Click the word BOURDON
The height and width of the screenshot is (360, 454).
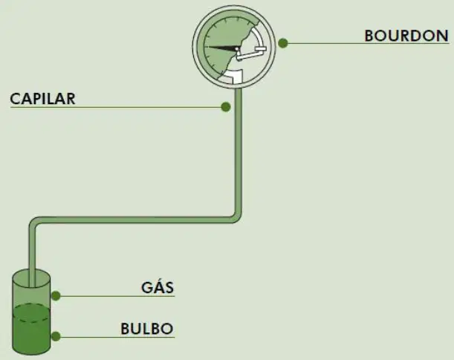click(x=406, y=36)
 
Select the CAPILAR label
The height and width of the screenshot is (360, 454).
click(x=42, y=99)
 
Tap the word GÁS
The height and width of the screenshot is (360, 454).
click(x=158, y=287)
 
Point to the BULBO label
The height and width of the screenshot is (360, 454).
click(x=147, y=329)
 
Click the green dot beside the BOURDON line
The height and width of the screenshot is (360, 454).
click(x=283, y=43)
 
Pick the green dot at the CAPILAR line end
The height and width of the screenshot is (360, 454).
click(x=226, y=106)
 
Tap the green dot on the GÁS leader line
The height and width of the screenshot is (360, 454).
click(x=56, y=296)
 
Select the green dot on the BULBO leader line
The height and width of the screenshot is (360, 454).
click(x=56, y=336)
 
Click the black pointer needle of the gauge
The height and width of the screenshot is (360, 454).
click(x=221, y=48)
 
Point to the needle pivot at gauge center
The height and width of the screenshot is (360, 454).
click(x=238, y=48)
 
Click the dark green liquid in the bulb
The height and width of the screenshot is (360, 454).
click(x=31, y=330)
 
